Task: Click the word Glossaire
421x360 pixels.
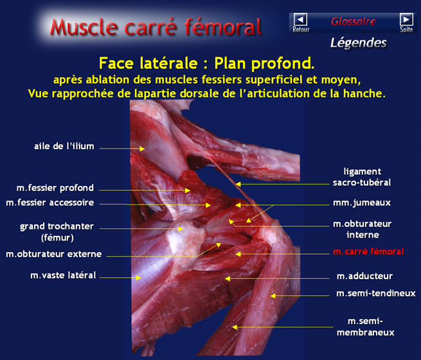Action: tap(354, 21)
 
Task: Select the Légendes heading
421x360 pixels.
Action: tap(359, 43)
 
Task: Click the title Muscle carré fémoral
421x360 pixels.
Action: tap(156, 27)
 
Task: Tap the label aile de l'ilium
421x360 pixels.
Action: tap(64, 147)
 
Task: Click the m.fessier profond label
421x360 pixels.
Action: tap(55, 188)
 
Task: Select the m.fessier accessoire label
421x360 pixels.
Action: tap(50, 203)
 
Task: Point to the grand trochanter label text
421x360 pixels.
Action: tap(57, 226)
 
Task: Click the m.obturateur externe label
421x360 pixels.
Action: tap(54, 254)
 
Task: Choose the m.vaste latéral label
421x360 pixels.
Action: tap(63, 275)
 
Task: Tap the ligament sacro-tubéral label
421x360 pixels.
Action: tap(362, 177)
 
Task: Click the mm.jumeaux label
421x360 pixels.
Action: tap(362, 203)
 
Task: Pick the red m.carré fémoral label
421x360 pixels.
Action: tap(369, 251)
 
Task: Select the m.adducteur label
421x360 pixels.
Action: tap(364, 276)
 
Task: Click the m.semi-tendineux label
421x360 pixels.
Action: tap(376, 293)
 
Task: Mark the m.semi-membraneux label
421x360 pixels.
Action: tap(366, 327)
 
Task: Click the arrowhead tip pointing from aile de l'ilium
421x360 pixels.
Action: tap(145, 148)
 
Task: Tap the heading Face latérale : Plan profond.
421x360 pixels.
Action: tap(207, 64)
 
